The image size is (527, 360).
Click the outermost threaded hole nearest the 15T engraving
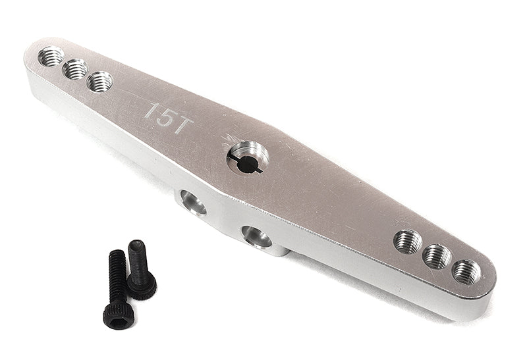[51, 56]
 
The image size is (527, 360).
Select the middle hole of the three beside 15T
[75, 68]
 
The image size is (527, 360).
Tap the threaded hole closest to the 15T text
[99, 82]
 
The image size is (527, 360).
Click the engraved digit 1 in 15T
[150, 110]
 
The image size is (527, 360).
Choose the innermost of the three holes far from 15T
[408, 242]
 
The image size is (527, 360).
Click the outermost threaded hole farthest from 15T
[466, 270]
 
